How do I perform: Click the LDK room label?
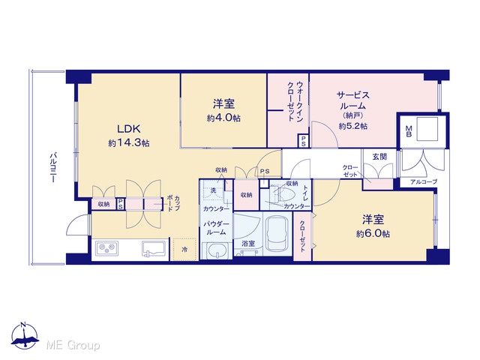[x=128, y=129]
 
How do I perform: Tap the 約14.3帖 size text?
[x=128, y=143]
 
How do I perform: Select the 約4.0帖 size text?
[x=223, y=118]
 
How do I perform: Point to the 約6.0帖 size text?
[x=373, y=234]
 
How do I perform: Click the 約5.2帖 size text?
[x=353, y=126]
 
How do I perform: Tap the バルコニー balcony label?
[x=53, y=167]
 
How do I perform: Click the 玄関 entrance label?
[x=379, y=157]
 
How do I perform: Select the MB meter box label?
[x=408, y=131]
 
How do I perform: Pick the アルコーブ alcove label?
[x=424, y=181]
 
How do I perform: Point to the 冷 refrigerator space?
[x=184, y=250]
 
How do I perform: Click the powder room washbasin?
[x=217, y=250]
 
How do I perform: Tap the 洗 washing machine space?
[x=213, y=190]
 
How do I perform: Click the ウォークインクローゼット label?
[x=295, y=101]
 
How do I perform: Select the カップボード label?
[x=173, y=203]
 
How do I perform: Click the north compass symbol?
[x=25, y=335]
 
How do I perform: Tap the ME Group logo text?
[x=73, y=345]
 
